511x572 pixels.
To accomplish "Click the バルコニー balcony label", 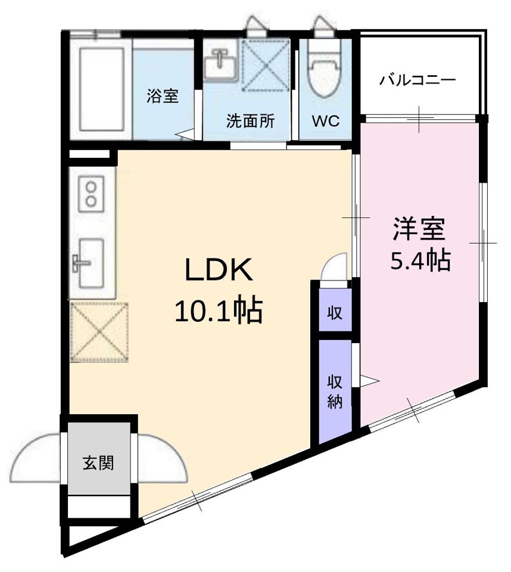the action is (417, 79).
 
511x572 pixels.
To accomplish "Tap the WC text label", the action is (326, 121).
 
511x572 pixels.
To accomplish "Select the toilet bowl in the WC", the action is (325, 68).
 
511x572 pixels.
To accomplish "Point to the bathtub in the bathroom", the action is (102, 89).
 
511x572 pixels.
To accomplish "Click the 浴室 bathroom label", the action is (163, 96).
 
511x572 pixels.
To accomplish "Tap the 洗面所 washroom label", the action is (250, 121).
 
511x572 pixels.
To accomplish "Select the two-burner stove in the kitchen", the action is (91, 193).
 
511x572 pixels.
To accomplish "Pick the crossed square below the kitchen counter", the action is (99, 332).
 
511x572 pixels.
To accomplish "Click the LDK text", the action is (219, 270).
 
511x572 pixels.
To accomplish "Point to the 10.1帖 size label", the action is (219, 310).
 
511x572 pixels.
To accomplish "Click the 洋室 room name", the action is (419, 229).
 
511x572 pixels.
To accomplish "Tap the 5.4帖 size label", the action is (420, 260).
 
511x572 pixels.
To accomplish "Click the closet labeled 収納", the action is (335, 392).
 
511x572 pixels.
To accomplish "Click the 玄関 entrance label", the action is (98, 463).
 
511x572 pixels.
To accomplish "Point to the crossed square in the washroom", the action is (266, 66).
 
